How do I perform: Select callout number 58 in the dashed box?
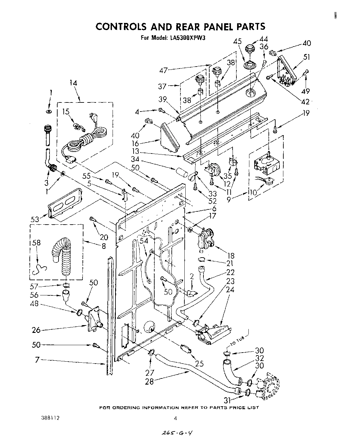[x=36, y=243]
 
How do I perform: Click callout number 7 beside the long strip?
[x=38, y=359]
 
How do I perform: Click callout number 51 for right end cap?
[x=307, y=57]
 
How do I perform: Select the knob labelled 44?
[x=249, y=50]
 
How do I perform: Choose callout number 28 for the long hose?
[x=149, y=381]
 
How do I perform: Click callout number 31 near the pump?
[x=228, y=400]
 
